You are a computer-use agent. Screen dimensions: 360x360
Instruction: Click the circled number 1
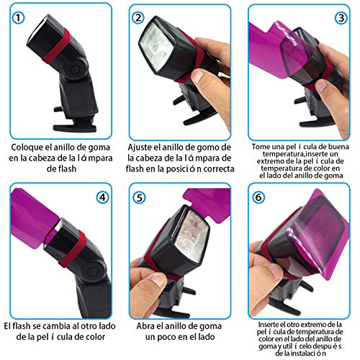21,17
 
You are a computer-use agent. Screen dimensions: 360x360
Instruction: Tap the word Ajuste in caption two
143,145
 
